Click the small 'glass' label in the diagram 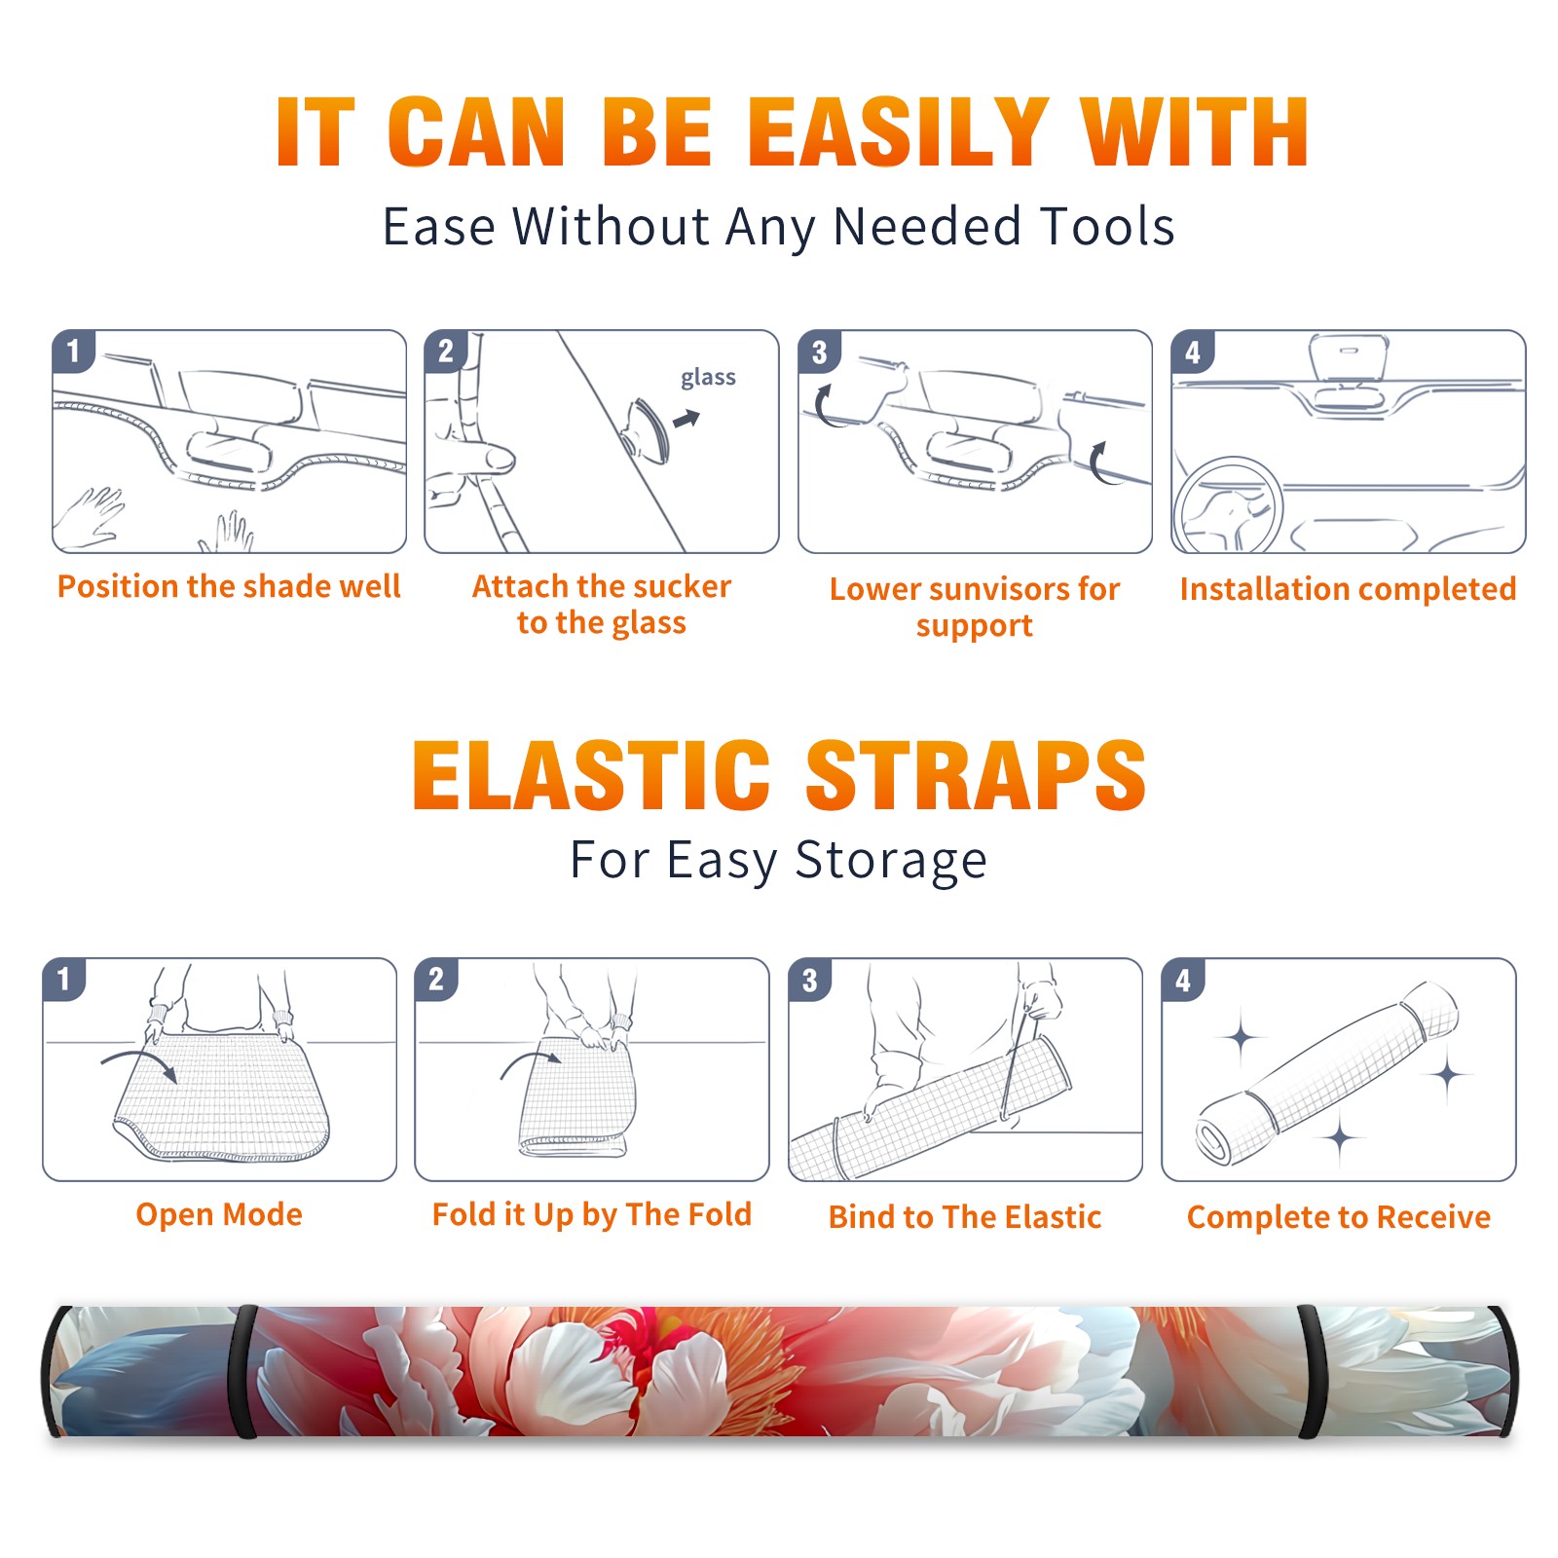coord(708,378)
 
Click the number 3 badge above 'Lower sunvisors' coord(819,352)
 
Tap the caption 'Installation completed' coord(1348,589)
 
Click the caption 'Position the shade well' coord(229,586)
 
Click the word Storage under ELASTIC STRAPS coord(891,861)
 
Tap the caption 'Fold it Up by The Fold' coord(592,1214)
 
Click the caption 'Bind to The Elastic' coord(965,1217)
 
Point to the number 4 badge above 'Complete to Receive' coord(1183,980)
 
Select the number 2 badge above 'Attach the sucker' coord(445,352)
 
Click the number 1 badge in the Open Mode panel coord(64,980)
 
